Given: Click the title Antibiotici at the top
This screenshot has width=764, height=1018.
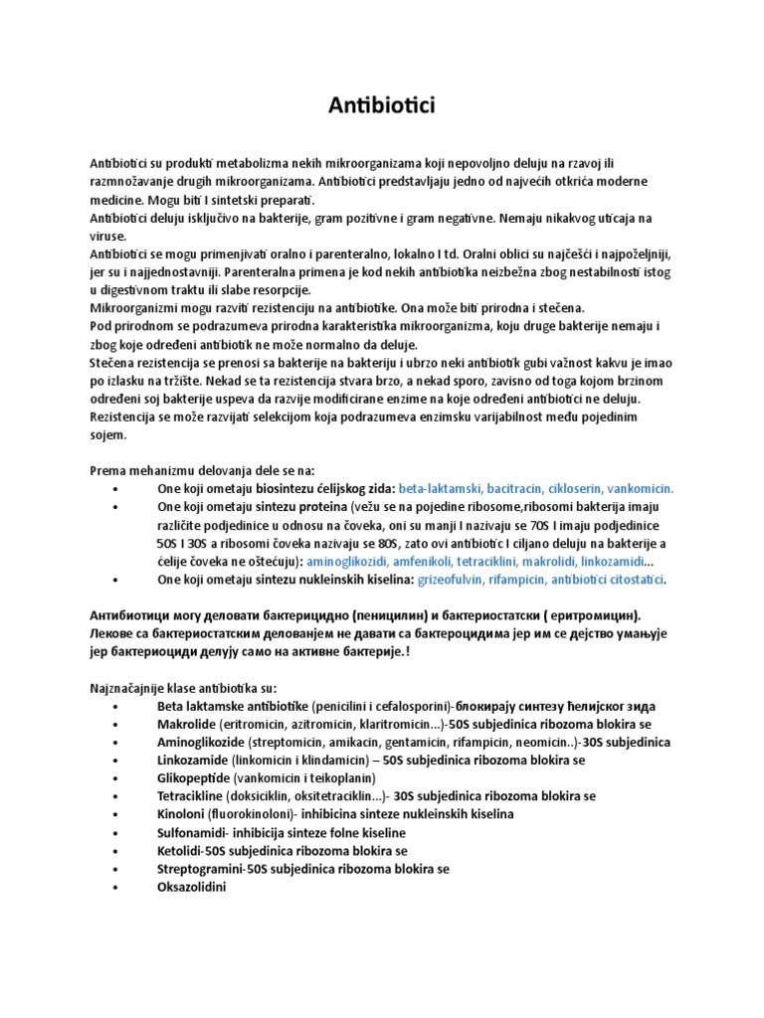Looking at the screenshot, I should coord(382,105).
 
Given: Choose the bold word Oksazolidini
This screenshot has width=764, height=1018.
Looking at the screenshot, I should coord(192,887).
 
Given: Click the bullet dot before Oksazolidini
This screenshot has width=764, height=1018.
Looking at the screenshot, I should coord(117,887).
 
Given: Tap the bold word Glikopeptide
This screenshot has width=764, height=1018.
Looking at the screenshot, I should coord(198,777).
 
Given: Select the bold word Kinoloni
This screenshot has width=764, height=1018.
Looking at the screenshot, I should coord(183,814).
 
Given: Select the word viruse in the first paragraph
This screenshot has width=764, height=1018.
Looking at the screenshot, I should coord(107,237).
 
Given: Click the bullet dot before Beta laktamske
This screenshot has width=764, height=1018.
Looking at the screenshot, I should coord(117,706).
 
